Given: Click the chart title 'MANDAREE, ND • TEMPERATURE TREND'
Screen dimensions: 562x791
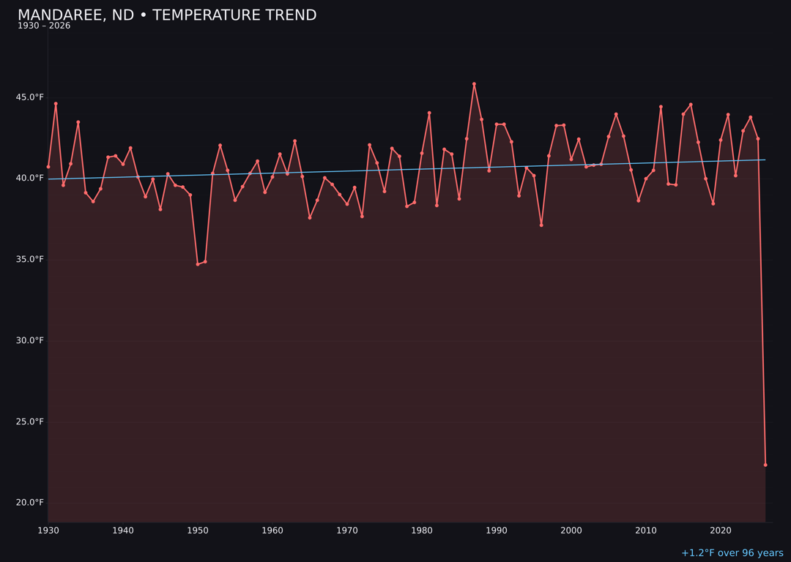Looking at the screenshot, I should coord(167,15).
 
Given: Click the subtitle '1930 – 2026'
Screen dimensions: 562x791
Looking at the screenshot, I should coord(44,26).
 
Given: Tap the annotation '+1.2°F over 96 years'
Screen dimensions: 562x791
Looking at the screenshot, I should coord(732,553).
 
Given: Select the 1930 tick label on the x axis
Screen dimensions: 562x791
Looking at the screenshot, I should coord(48,531).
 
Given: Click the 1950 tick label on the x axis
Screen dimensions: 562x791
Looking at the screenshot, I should coord(198,531).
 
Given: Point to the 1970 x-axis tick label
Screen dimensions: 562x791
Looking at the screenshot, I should coord(347,531).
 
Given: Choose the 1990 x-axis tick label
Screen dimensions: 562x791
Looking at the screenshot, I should coord(497,531).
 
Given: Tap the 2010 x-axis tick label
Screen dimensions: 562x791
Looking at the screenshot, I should coord(646,531).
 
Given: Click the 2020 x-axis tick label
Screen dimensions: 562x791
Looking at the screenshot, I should coord(721,531).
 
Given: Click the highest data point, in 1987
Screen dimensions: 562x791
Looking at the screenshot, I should coord(474,84).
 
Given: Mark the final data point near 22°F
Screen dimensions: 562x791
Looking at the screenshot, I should coord(765,465).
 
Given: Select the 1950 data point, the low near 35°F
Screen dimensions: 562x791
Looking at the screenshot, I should coord(198,264).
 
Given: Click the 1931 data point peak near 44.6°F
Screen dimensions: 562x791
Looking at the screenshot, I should coord(56,104).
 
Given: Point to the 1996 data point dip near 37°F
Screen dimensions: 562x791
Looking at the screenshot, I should coord(541,225).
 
